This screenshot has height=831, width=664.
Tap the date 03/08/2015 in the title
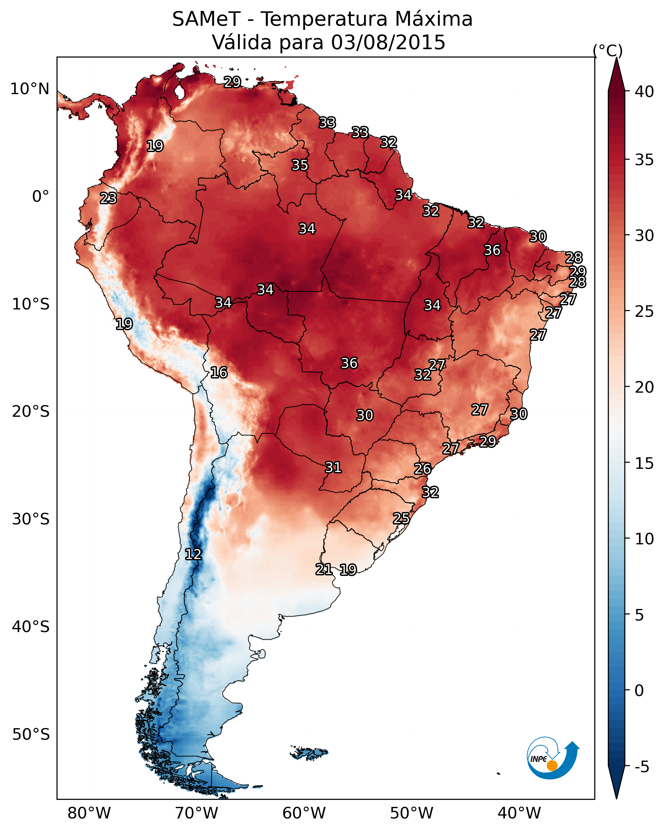[388, 42]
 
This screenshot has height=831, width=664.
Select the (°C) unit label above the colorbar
[607, 50]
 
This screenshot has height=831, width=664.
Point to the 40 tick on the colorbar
[644, 92]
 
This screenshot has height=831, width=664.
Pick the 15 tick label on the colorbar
[644, 463]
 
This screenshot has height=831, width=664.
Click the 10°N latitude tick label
[30, 89]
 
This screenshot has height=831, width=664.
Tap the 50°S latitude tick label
[31, 734]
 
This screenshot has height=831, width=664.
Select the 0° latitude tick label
[40, 197]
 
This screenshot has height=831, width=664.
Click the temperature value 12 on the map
[193, 554]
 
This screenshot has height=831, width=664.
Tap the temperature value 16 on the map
[219, 372]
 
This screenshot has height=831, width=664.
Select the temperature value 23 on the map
[108, 198]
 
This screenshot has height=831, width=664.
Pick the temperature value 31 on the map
[333, 467]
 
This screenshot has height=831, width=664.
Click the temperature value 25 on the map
[401, 518]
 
